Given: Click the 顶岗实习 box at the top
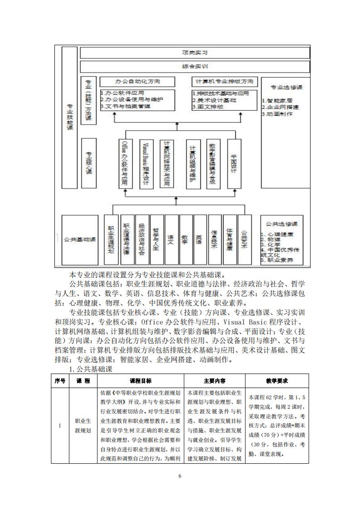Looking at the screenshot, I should (195, 53).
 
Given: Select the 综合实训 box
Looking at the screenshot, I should (195, 66).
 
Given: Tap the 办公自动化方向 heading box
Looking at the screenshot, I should (138, 82).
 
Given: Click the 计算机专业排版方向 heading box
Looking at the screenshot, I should (224, 82).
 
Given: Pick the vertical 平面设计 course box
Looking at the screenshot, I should (234, 163).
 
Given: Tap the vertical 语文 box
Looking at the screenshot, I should (170, 239).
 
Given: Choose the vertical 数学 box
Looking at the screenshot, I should (185, 239).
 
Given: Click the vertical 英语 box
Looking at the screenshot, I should (199, 239).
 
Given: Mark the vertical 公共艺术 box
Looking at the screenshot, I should (244, 239).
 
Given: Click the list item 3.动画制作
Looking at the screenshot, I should (277, 114).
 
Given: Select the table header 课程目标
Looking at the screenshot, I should (141, 381).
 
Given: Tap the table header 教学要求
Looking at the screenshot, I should (277, 381).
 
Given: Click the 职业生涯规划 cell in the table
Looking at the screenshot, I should (83, 426).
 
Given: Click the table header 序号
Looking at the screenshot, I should (60, 381).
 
